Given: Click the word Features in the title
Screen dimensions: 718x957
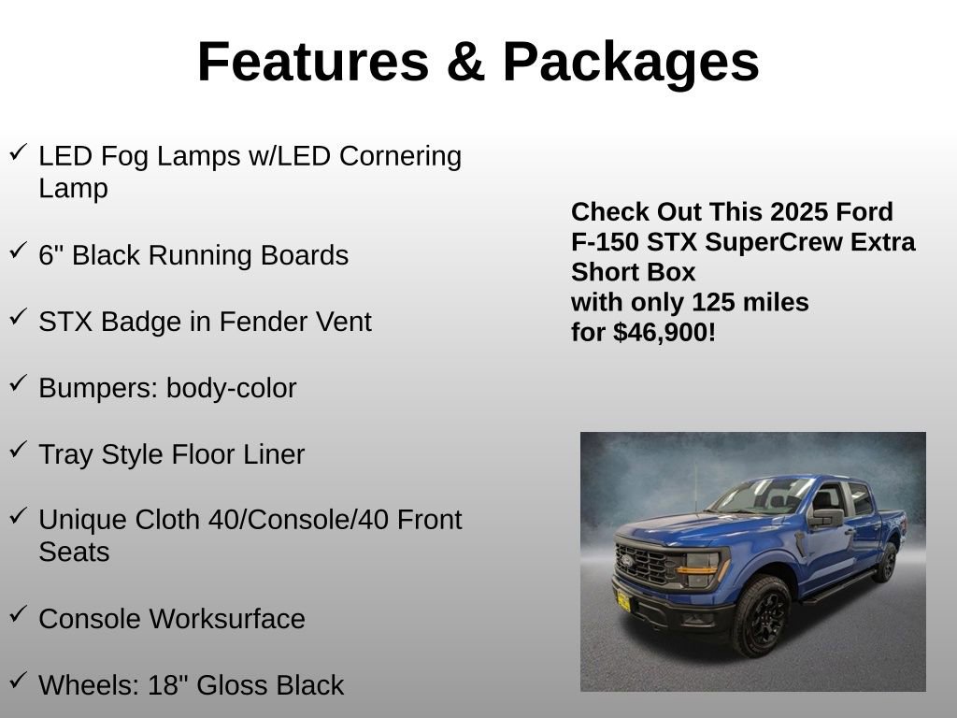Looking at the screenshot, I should pos(313,62).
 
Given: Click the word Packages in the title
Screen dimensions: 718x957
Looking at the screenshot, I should pos(631,62).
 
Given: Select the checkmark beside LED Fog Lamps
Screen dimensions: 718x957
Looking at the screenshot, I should pos(19,152).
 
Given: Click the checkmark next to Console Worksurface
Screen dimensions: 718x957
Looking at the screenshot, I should pos(19,614).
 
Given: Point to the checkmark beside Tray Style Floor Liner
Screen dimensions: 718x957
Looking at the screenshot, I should pos(19,450).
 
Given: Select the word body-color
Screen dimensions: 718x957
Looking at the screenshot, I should pos(231,389).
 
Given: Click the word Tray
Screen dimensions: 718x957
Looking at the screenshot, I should pos(65,455).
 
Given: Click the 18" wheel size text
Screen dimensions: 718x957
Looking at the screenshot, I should pos(169,685).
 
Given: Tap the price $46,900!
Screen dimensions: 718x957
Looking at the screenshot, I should pos(664,332).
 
